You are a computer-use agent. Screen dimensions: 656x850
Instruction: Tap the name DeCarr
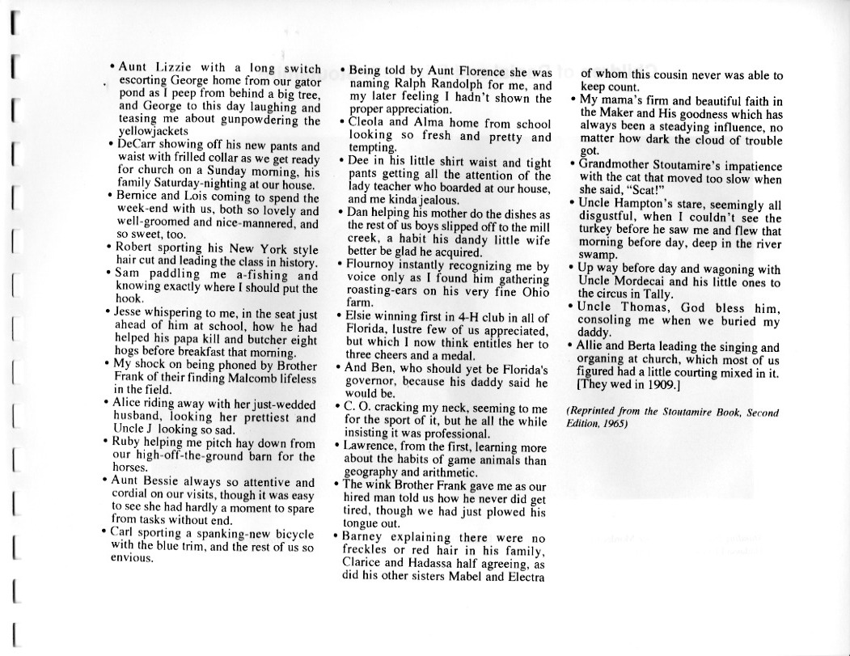140,146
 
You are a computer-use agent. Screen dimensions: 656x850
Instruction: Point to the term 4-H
457,317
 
